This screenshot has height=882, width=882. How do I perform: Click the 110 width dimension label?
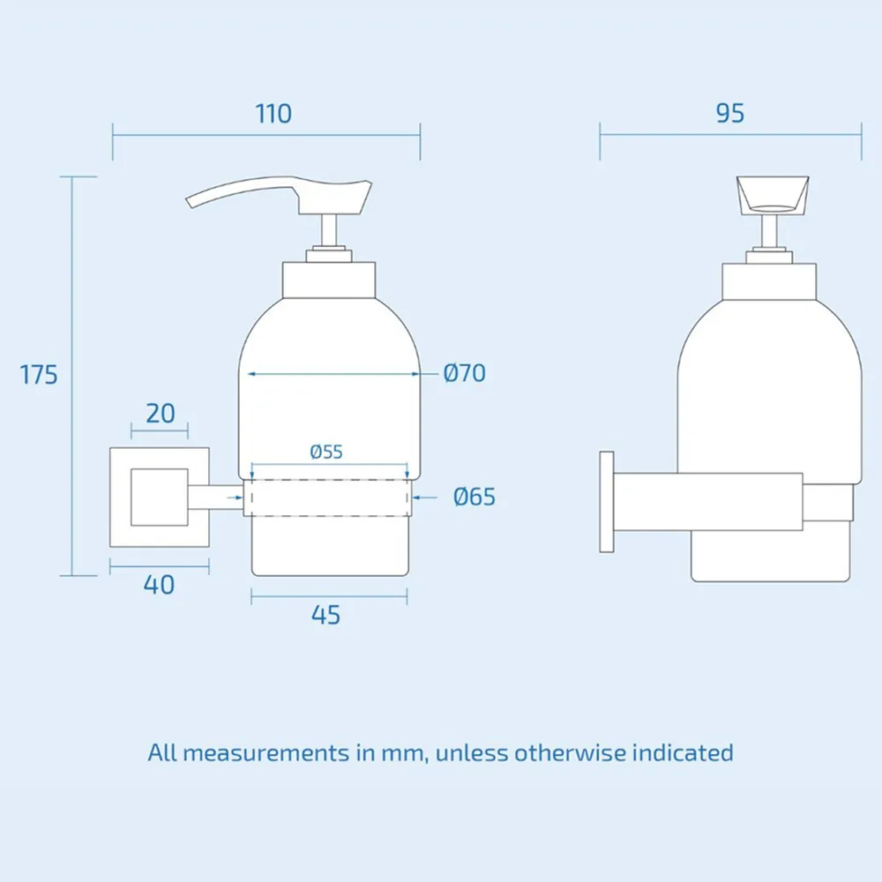point(273,114)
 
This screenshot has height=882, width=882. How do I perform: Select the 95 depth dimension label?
point(730,114)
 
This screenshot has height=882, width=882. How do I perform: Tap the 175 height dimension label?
point(39,375)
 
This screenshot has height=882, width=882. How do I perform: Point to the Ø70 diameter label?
point(465,373)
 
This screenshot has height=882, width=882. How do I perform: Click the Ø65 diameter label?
point(475,497)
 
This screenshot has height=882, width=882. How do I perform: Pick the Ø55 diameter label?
point(326,452)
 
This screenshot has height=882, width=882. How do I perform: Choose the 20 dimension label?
point(160,413)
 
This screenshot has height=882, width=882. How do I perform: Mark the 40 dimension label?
point(159,584)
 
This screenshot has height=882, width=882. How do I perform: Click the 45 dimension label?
point(326,615)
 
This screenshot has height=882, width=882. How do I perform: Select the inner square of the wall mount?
point(159,498)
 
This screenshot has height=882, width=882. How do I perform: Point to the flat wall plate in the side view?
point(606,502)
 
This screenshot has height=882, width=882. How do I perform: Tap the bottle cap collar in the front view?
point(329,280)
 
